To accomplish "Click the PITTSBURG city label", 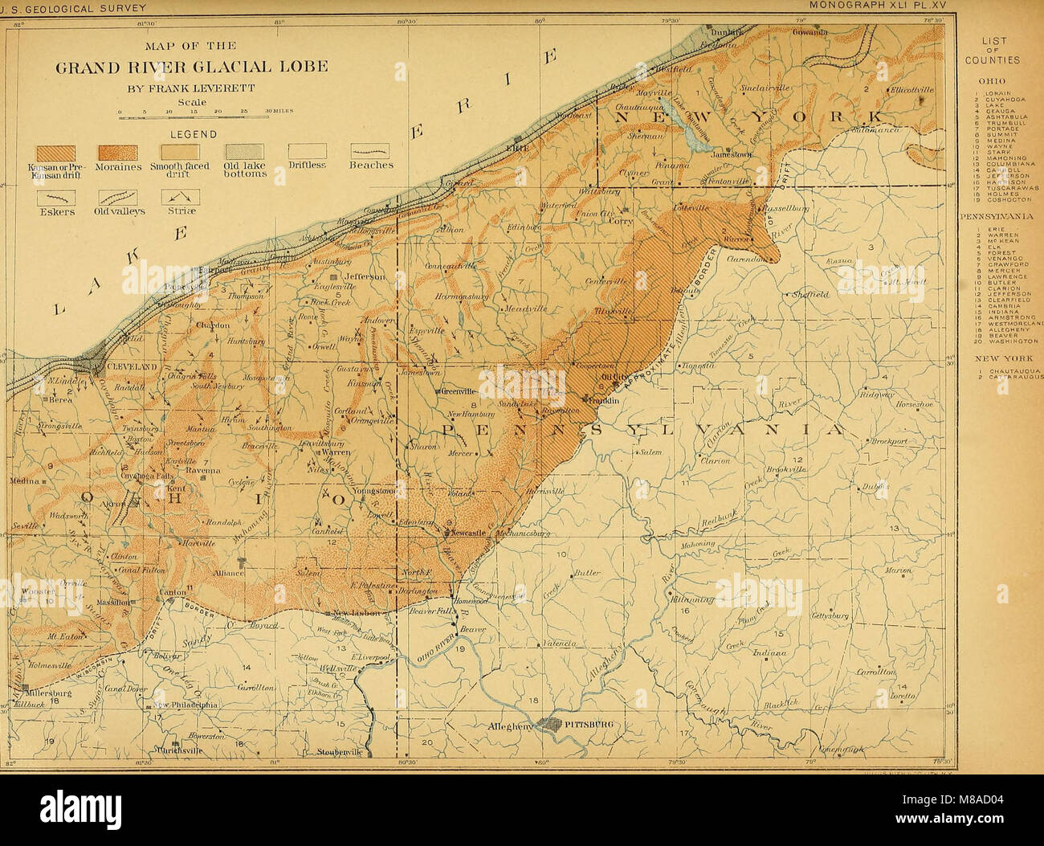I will [x=589, y=724].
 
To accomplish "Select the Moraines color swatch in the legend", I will [x=117, y=151].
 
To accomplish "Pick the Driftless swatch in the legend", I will [x=307, y=151].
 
